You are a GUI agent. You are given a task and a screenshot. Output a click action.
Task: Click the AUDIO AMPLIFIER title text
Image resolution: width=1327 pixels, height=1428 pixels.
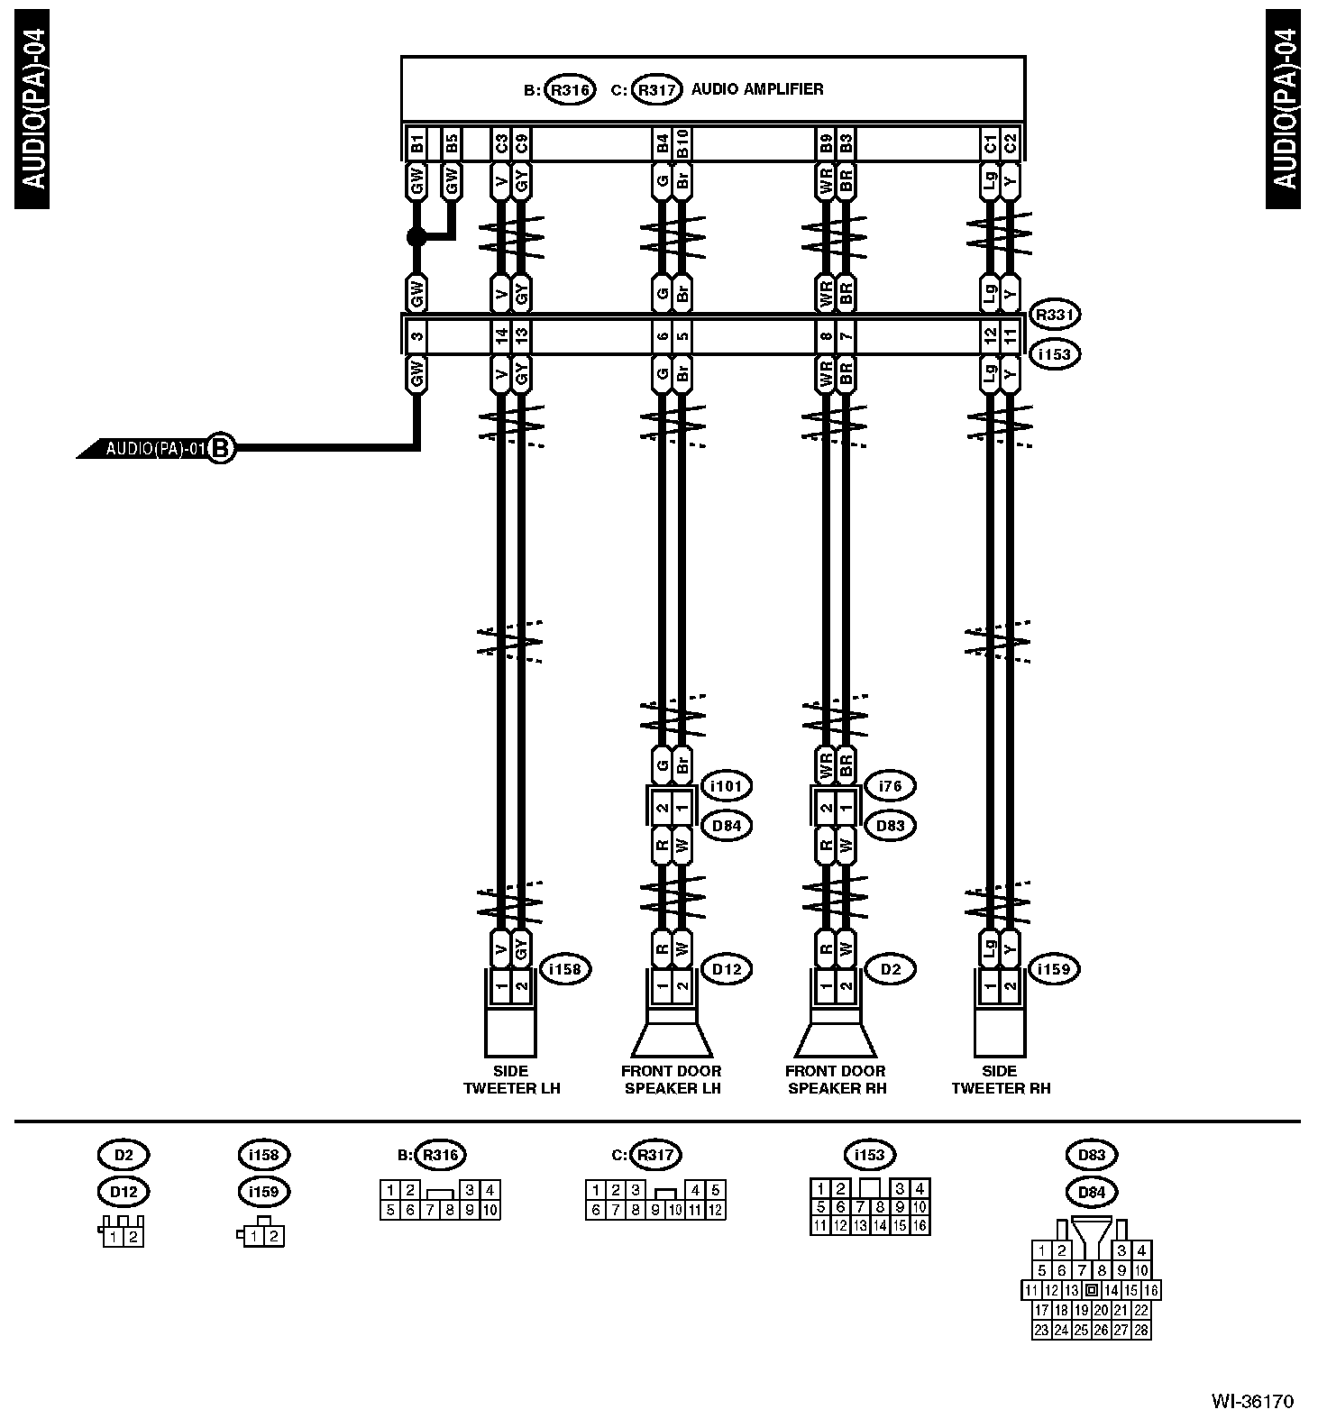point(756,89)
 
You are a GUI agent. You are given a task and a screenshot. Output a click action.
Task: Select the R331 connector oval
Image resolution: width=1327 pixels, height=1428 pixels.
point(1054,315)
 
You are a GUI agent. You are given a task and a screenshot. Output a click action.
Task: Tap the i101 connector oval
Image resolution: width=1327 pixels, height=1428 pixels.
point(726,786)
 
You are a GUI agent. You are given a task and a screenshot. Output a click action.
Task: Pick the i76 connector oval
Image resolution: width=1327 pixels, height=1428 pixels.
point(890,786)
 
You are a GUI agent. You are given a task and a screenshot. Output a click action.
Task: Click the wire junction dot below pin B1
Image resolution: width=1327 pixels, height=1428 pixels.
point(416,237)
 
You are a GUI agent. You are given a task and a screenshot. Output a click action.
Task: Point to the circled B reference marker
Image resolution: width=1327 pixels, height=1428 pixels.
point(221,447)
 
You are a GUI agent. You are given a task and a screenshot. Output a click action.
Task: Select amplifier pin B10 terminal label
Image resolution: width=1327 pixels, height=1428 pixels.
point(682,144)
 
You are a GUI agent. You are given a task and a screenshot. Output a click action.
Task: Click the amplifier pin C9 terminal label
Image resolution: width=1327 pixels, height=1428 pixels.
point(521,144)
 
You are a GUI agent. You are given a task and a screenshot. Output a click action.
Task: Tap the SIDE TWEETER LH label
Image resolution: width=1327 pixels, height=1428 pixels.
point(511,1079)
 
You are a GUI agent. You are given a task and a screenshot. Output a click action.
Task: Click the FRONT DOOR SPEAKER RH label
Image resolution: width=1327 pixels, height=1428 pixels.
point(837,1079)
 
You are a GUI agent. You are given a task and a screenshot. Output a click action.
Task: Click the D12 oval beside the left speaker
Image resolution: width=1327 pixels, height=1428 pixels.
point(726,969)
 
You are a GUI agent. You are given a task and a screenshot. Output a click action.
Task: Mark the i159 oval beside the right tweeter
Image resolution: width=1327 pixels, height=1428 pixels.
point(1054,969)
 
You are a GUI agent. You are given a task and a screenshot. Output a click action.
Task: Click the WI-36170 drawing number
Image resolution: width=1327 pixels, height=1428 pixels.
point(1252,1401)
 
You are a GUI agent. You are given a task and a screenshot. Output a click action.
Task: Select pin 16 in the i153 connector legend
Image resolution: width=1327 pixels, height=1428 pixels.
point(920,1226)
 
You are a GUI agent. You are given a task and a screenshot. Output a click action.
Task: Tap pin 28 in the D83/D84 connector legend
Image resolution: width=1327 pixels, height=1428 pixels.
point(1141,1330)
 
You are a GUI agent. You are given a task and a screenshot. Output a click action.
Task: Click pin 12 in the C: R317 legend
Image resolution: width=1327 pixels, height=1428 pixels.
point(715,1211)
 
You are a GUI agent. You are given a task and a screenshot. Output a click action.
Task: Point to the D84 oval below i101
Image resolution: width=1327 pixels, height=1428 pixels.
point(726,825)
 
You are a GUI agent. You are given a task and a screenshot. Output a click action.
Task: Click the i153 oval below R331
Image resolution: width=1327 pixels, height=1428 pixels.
point(1054,354)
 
